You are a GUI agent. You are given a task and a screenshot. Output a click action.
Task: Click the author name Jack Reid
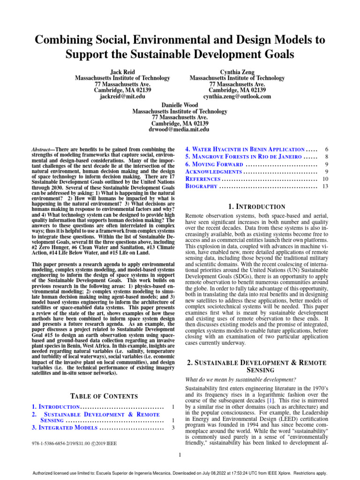pyautogui.click(x=122, y=72)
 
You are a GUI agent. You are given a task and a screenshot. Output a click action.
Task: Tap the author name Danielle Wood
pyautogui.click(x=180, y=104)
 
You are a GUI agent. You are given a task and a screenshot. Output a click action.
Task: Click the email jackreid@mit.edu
pyautogui.click(x=122, y=97)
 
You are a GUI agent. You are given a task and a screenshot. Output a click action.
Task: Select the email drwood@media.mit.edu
pyautogui.click(x=180, y=129)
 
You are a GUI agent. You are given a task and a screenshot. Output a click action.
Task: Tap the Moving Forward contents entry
pyautogui.click(x=214, y=165)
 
